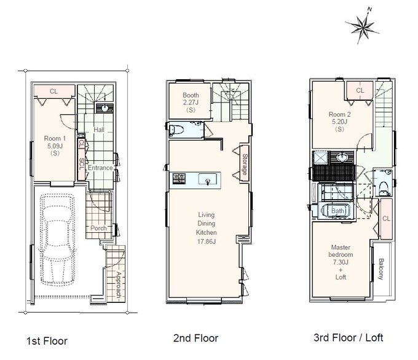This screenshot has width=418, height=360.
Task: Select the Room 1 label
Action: coord(55,139)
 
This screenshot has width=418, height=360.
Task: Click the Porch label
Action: coord(98,228)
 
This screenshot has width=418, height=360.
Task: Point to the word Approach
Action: coord(119,284)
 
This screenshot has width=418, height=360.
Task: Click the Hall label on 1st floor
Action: coord(99,130)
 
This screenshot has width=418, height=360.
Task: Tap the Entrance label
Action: coord(100,168)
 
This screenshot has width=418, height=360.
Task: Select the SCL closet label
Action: coord(82,164)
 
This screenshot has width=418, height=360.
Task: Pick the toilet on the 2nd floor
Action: coord(176,130)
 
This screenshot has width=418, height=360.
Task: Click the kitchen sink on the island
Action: coord(208,179)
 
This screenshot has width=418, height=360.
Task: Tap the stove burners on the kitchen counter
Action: coord(179,178)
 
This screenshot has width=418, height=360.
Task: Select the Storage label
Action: coord(245,165)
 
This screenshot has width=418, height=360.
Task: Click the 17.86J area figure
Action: coord(207,241)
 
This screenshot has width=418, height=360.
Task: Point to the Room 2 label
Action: coord(339,115)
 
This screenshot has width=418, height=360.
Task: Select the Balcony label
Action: coord(381,269)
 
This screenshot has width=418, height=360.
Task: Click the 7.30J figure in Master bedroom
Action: coord(341,262)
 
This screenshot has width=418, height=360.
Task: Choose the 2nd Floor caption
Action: coord(195,338)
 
